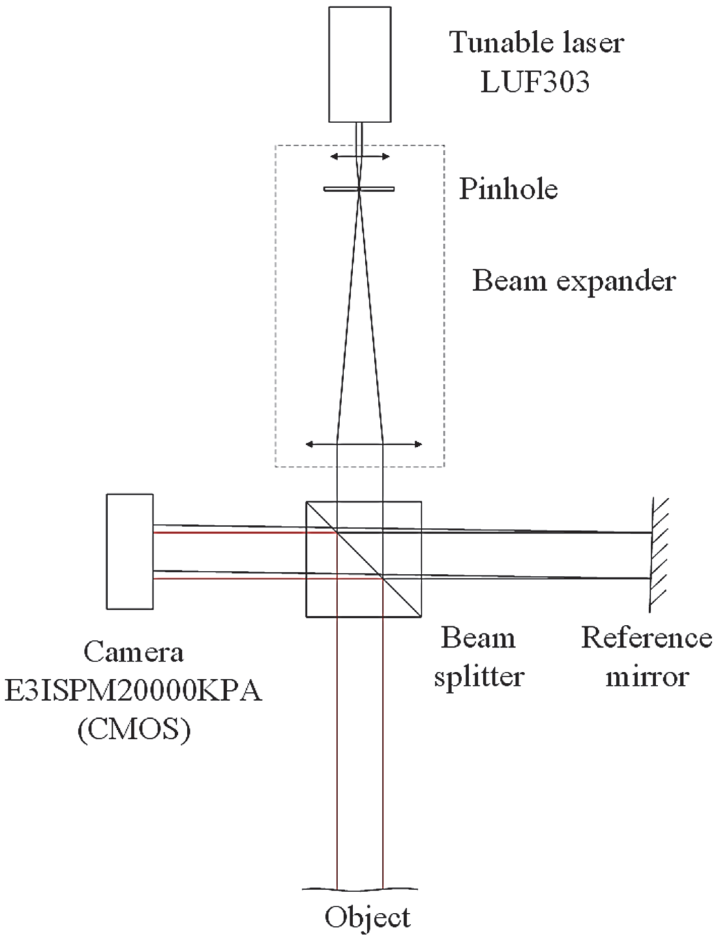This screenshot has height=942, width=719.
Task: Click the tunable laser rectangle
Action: (x=359, y=64)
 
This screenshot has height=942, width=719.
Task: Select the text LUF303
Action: (x=535, y=81)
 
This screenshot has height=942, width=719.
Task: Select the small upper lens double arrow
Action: (x=359, y=157)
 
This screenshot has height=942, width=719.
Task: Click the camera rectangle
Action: (x=130, y=552)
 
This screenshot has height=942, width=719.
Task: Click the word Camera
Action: (x=134, y=652)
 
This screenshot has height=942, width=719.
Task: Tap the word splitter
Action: (x=479, y=677)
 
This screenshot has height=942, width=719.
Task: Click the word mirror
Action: (x=647, y=677)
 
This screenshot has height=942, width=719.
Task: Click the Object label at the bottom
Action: (x=367, y=917)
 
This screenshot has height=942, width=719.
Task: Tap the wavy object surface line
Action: (x=317, y=889)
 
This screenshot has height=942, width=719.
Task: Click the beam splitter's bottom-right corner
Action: (x=421, y=616)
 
